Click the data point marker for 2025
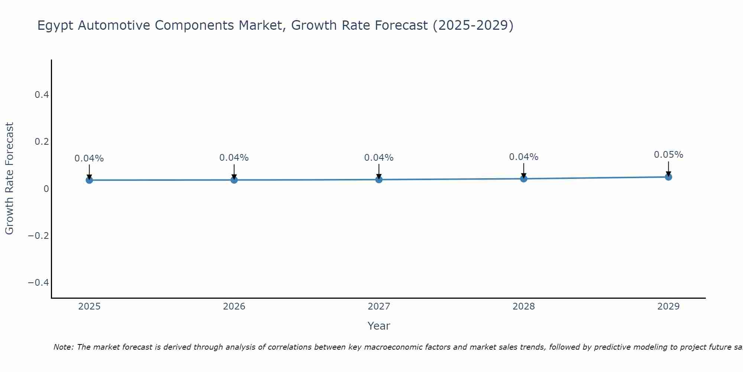point(89,180)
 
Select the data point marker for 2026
point(234,180)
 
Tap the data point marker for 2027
point(379,179)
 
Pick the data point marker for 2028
point(523,179)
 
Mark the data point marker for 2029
point(668,177)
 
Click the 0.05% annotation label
point(668,155)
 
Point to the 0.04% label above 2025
point(89,158)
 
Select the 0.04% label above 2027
point(379,158)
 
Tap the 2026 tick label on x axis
point(234,307)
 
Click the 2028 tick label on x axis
point(523,307)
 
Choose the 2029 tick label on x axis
point(668,307)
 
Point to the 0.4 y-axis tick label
point(42,95)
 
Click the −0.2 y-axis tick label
point(38,236)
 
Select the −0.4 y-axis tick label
point(38,283)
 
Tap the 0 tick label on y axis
point(46,189)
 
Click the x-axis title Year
point(379,326)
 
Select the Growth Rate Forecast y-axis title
point(9,179)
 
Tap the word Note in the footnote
point(64,347)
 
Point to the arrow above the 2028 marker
point(523,170)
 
